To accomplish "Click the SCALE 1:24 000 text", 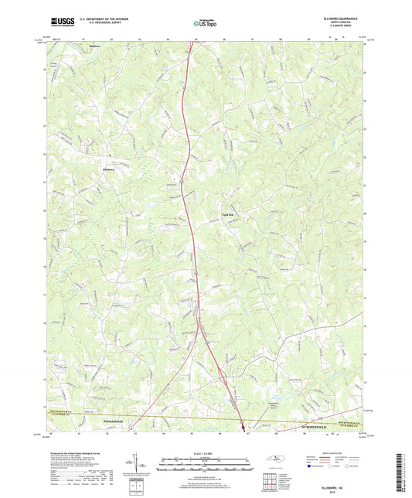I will pyautogui.click(x=206, y=453).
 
